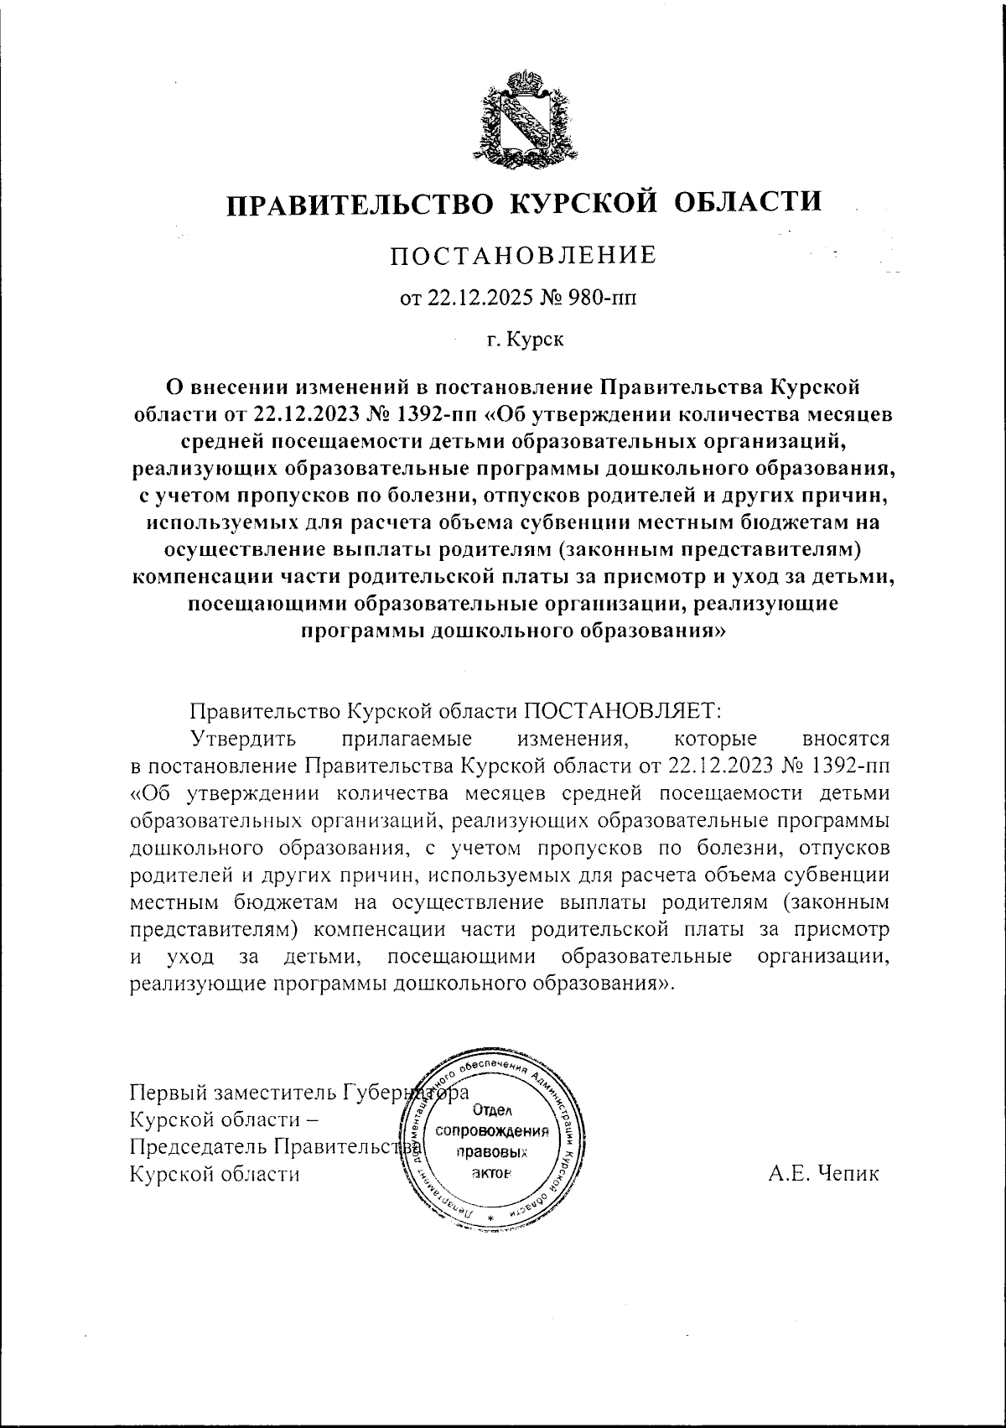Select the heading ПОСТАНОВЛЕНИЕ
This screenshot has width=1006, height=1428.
pos(523,255)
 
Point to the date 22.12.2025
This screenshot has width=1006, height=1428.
pos(474,299)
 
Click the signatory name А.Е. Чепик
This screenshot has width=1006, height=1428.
pos(823,1173)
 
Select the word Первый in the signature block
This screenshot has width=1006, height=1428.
pos(169,1093)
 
